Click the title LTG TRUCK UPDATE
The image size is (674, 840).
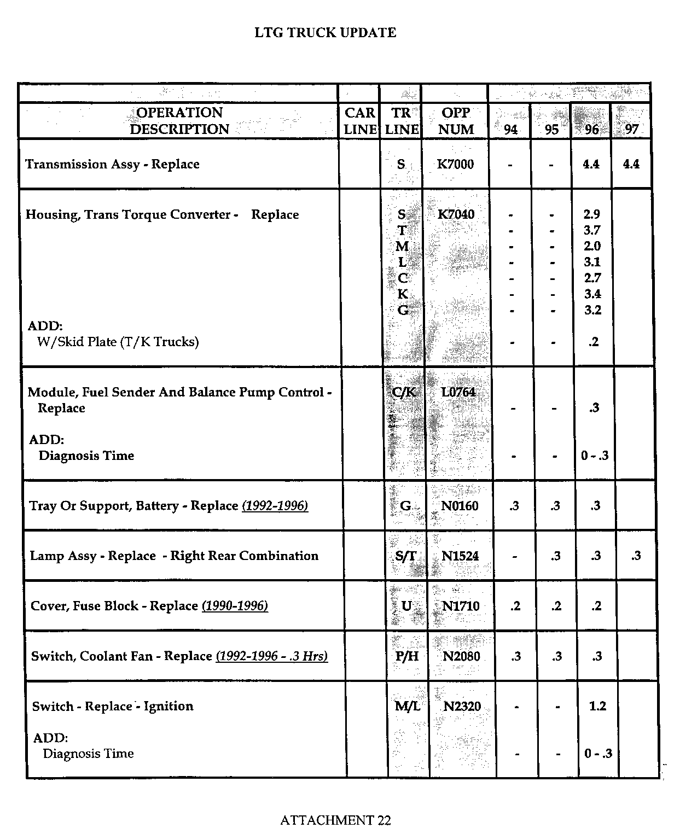tap(326, 33)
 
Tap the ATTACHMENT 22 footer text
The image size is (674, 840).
tap(335, 820)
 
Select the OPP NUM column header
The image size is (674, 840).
tap(456, 121)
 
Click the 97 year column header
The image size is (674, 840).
tap(631, 130)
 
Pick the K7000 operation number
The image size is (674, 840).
tap(455, 164)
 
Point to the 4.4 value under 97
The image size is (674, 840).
tap(631, 164)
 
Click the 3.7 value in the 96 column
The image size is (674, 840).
tap(592, 230)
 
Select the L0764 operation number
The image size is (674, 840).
tap(458, 392)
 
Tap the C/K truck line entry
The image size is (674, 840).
tap(405, 392)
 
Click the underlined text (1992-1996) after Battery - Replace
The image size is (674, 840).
tap(275, 506)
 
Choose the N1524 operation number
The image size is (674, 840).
tap(460, 556)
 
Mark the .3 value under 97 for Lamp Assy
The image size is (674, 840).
tap(636, 556)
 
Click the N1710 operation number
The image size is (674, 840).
tap(461, 606)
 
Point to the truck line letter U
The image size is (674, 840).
tap(406, 606)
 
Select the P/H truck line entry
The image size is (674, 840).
tap(406, 656)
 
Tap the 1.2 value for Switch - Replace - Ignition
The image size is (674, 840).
tap(597, 706)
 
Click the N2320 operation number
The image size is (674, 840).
tap(462, 707)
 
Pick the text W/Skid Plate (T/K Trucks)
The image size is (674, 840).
tap(118, 342)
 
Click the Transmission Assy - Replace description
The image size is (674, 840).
tap(112, 164)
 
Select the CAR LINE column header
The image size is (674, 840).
tap(359, 121)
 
